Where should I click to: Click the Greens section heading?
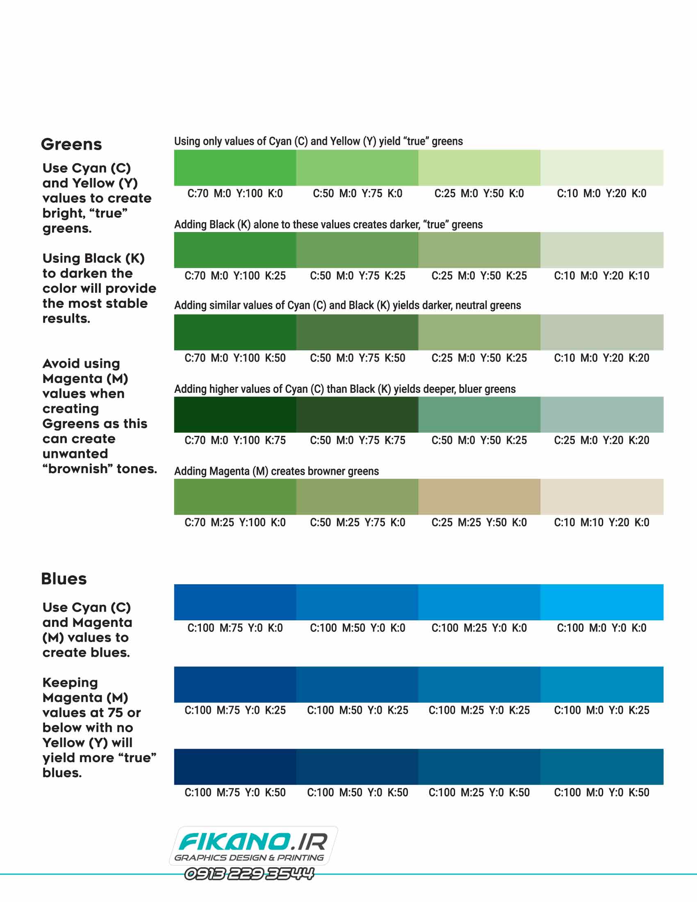click(x=71, y=145)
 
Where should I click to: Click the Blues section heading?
click(x=64, y=579)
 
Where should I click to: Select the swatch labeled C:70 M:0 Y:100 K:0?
click(x=235, y=168)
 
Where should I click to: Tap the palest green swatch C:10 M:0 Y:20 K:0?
click(x=601, y=168)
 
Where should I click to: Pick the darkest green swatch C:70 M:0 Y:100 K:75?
click(x=235, y=414)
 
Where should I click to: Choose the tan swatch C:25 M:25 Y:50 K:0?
click(x=479, y=497)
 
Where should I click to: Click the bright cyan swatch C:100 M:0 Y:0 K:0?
click(x=601, y=602)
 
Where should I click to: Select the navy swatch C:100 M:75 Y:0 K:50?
click(x=235, y=767)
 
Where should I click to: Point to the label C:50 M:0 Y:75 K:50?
click(x=358, y=358)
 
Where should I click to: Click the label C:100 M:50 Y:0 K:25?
click(x=358, y=710)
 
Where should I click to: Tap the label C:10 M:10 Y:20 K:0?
click(x=601, y=522)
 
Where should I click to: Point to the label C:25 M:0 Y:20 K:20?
click(x=601, y=440)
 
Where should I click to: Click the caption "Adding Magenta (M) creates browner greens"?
click(x=276, y=471)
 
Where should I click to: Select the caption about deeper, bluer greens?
click(x=345, y=389)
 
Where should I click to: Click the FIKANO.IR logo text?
click(x=253, y=842)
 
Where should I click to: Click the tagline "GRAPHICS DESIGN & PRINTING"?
click(x=249, y=857)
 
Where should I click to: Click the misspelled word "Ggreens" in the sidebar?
click(x=95, y=424)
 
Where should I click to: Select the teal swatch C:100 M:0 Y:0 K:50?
click(x=601, y=767)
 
